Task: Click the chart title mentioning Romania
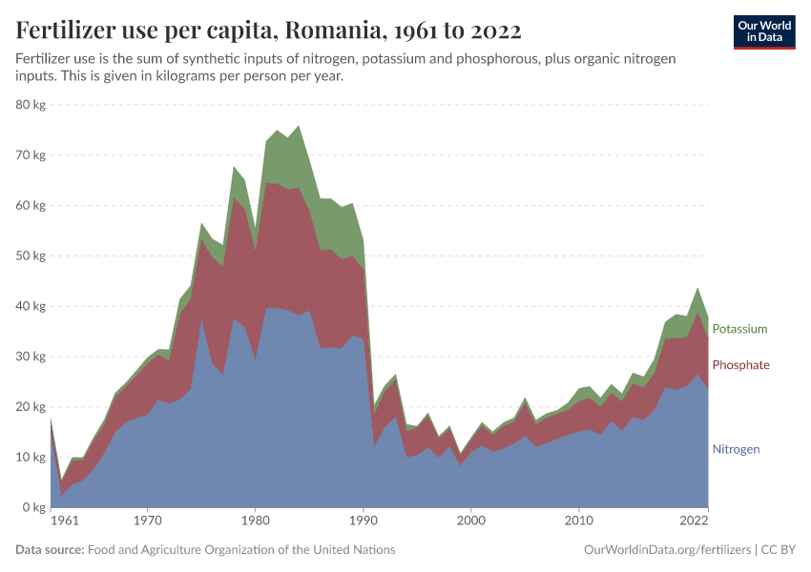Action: tap(268, 31)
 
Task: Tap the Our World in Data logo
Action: tap(763, 31)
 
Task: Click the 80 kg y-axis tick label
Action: tap(31, 105)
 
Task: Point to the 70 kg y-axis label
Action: tap(31, 155)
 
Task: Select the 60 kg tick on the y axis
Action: tap(31, 206)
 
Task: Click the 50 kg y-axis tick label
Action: tap(31, 256)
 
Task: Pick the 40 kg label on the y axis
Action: tap(31, 306)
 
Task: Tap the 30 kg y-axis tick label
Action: tap(31, 357)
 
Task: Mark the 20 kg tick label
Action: tap(31, 407)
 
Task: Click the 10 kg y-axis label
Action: tap(31, 458)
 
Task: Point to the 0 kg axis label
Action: tap(34, 508)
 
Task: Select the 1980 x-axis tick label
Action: tap(255, 521)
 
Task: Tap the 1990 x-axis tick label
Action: tap(363, 521)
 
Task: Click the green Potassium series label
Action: tap(739, 329)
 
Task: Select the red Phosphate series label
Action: tap(740, 365)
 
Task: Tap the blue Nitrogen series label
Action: tap(736, 449)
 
